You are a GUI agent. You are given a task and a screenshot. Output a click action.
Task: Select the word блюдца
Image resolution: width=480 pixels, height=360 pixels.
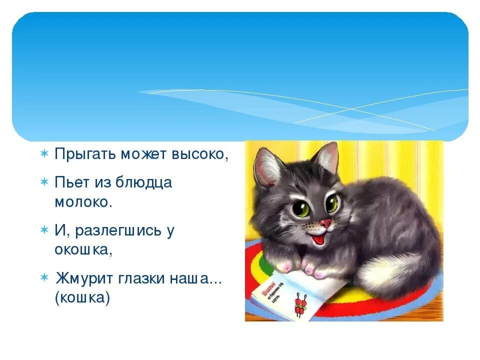point(144,182)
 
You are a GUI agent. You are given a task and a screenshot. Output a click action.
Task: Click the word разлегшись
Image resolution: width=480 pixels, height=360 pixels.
point(117,230)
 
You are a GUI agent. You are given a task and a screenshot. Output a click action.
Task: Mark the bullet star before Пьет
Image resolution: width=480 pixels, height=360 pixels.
point(44,182)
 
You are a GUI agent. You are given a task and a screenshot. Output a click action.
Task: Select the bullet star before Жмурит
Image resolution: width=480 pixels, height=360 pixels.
point(44,277)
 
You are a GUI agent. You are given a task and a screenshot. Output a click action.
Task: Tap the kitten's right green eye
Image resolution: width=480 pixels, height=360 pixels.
point(332,203)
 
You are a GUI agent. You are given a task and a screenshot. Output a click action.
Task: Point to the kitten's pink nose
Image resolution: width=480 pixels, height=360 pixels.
point(325,222)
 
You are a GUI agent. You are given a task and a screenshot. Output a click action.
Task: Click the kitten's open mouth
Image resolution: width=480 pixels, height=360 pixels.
point(323,236)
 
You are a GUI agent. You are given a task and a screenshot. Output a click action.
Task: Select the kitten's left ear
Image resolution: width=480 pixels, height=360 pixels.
point(267,165)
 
